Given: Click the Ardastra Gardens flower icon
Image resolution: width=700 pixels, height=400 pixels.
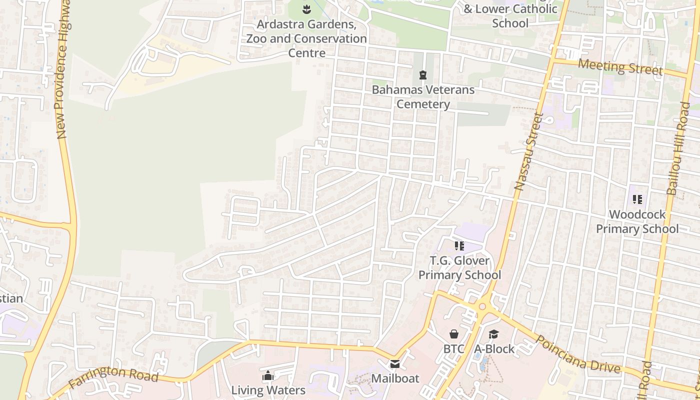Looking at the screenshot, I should [306, 8].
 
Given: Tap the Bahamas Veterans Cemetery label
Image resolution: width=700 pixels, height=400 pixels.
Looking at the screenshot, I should [423, 97].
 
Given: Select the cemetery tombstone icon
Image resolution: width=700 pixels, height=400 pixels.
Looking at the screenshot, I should [423, 75].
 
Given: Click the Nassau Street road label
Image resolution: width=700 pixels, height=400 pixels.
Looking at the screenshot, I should [528, 151].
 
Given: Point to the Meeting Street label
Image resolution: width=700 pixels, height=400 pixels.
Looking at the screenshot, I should [620, 66].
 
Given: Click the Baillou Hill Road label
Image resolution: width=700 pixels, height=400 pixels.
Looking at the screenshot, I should [678, 148].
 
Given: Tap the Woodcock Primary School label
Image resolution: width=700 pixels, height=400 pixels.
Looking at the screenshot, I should [637, 221].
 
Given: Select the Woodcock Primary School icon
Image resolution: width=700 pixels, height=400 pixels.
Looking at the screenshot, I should [637, 199].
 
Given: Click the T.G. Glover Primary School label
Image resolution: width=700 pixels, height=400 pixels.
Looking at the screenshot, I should [459, 267].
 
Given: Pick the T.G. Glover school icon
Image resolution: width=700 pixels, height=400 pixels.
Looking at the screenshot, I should [459, 245].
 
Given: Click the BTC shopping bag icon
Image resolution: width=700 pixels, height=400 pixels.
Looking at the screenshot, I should [454, 333].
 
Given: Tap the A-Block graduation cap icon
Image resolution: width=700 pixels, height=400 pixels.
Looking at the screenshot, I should [494, 333].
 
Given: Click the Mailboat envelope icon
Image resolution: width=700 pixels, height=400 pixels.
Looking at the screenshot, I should [395, 363].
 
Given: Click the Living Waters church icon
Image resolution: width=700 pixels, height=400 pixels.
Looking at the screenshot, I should [268, 375].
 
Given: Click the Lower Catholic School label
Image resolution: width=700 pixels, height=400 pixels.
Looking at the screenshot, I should [510, 16].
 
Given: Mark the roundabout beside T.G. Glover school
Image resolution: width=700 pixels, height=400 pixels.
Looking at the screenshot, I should [482, 306].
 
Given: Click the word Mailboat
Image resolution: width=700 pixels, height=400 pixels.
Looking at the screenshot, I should [395, 378].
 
